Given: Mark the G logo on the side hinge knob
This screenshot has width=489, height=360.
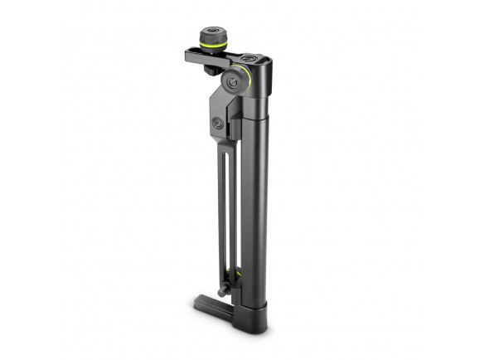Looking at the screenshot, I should pyautogui.click(x=236, y=82).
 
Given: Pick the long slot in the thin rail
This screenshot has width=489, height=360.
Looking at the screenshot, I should pyautogui.click(x=225, y=216).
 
